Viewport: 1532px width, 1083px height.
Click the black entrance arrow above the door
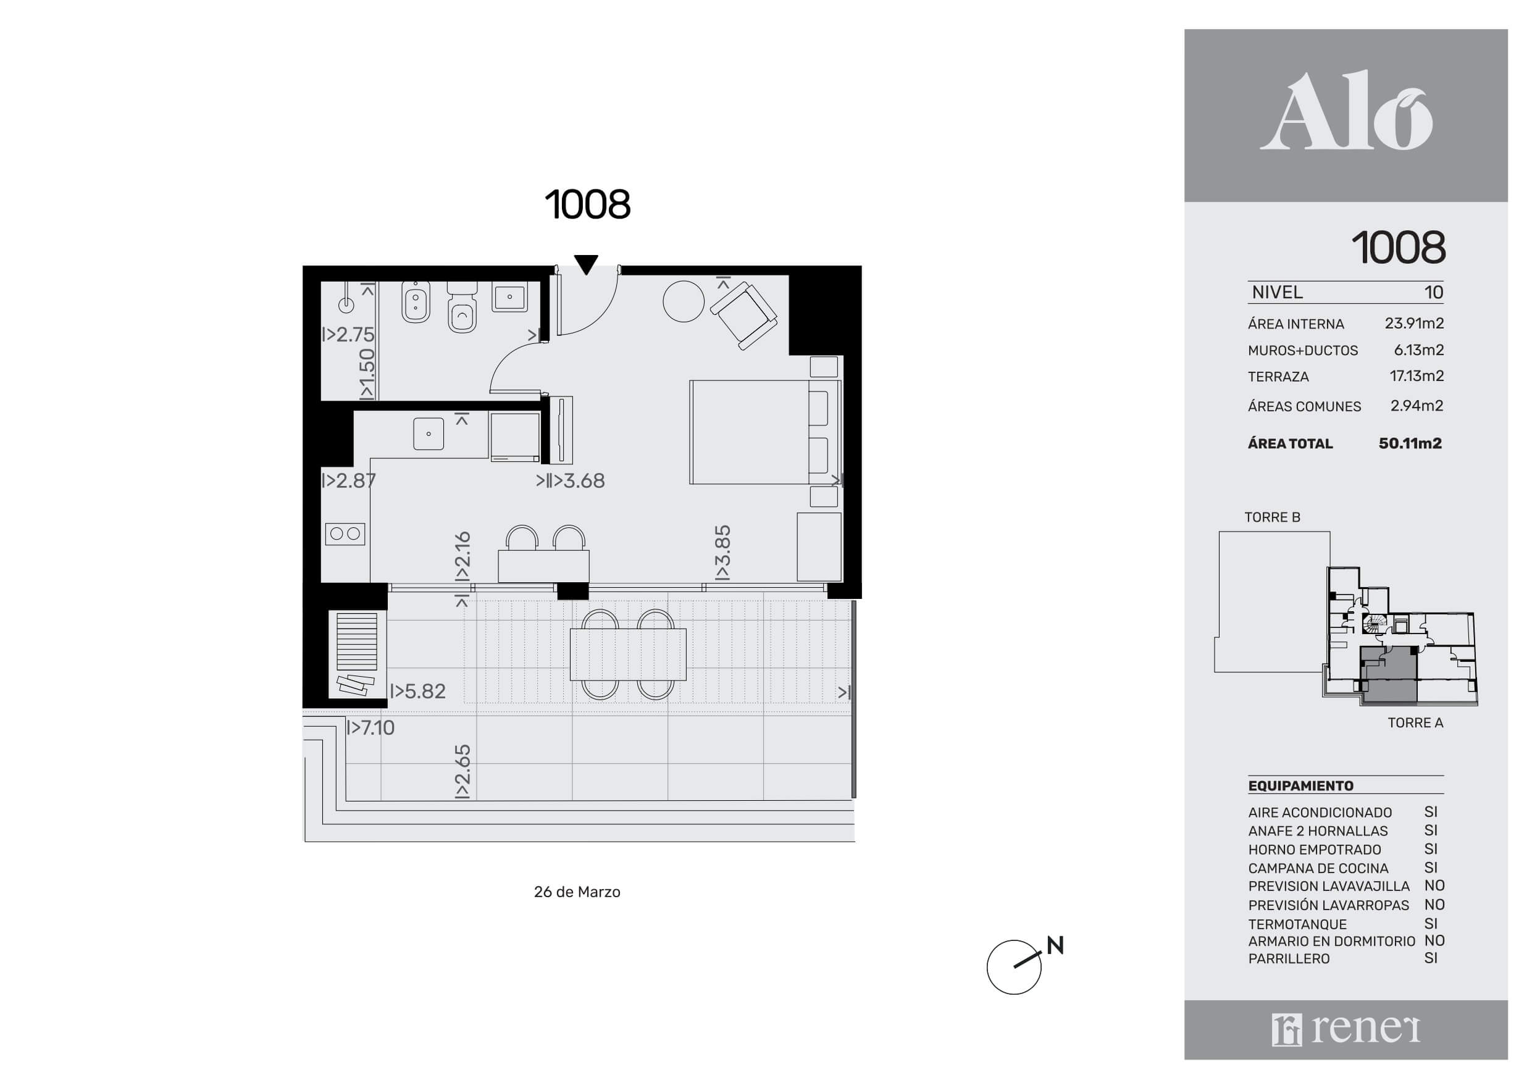[586, 265]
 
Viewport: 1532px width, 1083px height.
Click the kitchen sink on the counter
[429, 433]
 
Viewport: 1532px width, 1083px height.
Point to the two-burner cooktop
[345, 534]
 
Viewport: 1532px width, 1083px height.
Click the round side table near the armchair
[684, 301]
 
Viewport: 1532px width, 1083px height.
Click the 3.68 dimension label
[571, 480]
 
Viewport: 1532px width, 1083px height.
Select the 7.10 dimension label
[370, 727]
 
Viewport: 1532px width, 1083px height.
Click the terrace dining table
[628, 654]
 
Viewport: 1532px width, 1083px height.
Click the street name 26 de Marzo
[577, 892]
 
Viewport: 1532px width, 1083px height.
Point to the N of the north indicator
[1055, 945]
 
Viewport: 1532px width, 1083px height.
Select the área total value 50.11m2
[1410, 443]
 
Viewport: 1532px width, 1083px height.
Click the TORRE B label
[1273, 517]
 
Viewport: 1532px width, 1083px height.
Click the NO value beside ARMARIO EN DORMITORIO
[1434, 941]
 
